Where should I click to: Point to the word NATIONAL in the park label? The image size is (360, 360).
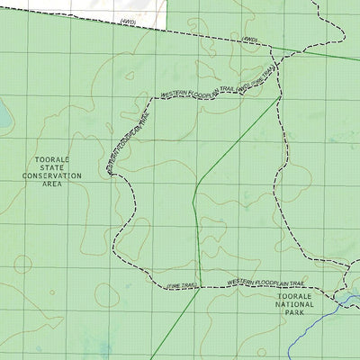pos(296,304)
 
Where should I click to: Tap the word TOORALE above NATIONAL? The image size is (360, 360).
pos(296,296)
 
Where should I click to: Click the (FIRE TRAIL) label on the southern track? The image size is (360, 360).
pos(181,286)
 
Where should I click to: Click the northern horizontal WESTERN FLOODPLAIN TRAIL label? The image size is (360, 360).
pos(198,90)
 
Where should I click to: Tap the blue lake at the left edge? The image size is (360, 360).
pos(4,118)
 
